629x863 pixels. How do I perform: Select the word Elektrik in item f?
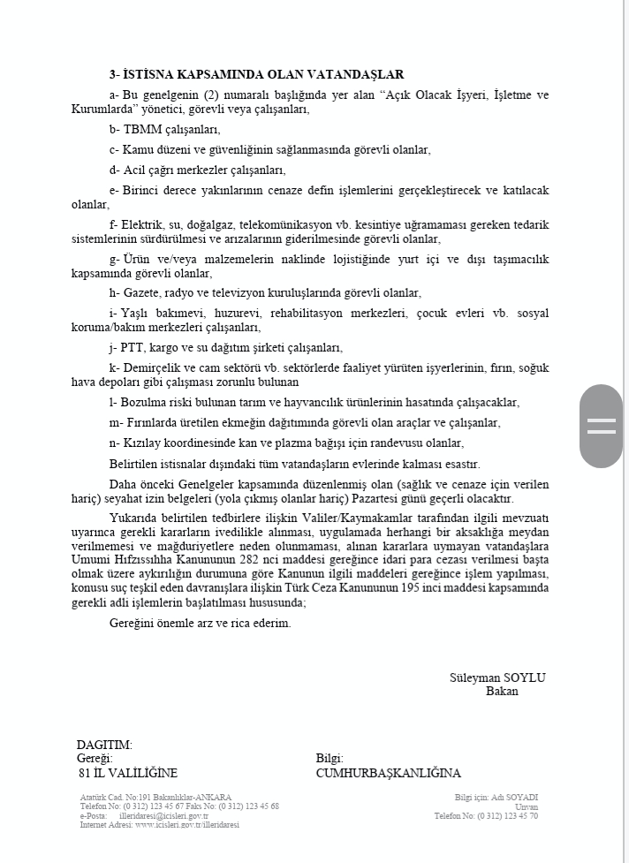pos(142,225)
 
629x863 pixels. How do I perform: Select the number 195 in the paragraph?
pos(404,589)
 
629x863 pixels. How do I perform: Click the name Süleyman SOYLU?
pos(498,678)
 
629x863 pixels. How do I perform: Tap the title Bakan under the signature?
pos(502,691)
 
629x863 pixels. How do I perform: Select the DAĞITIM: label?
pos(104,745)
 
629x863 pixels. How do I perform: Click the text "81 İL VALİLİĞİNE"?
pos(127,773)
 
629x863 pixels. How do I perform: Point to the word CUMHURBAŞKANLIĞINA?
pos(388,773)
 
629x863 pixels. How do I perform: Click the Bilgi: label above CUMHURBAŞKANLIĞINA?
pos(330,759)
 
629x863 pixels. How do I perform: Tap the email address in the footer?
pos(163,816)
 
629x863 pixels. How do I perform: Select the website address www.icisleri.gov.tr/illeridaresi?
pos(187,825)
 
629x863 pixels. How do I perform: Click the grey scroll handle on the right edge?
pos(601,426)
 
